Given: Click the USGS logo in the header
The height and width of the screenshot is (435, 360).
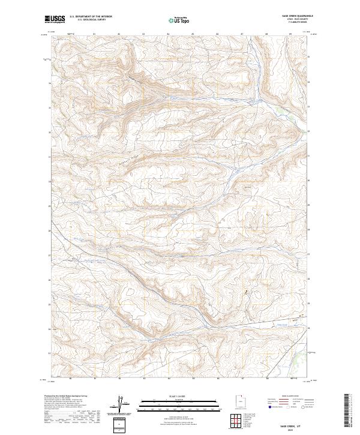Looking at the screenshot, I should [55, 19].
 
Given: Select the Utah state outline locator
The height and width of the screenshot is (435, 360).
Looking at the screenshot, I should [240, 400].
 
